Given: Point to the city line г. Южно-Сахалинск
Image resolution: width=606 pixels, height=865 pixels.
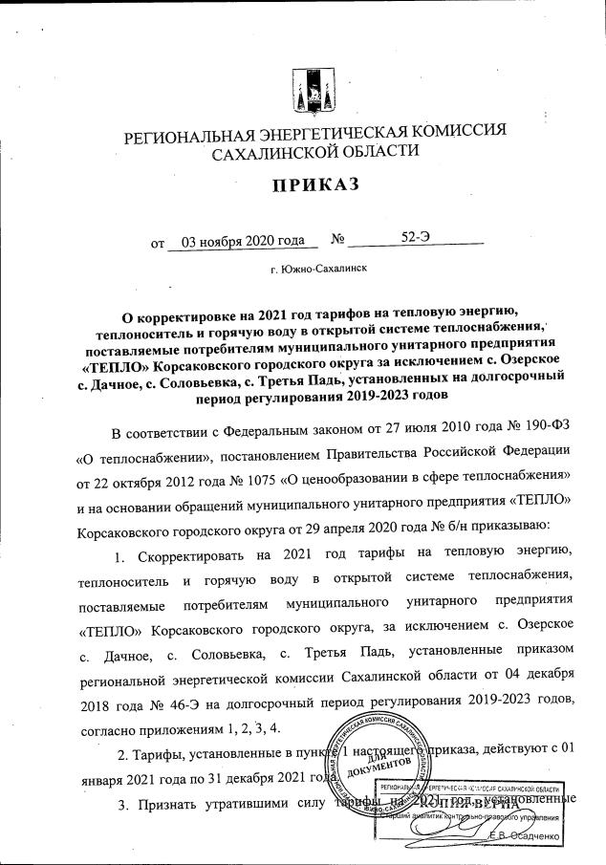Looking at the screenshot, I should pyautogui.click(x=318, y=270).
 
